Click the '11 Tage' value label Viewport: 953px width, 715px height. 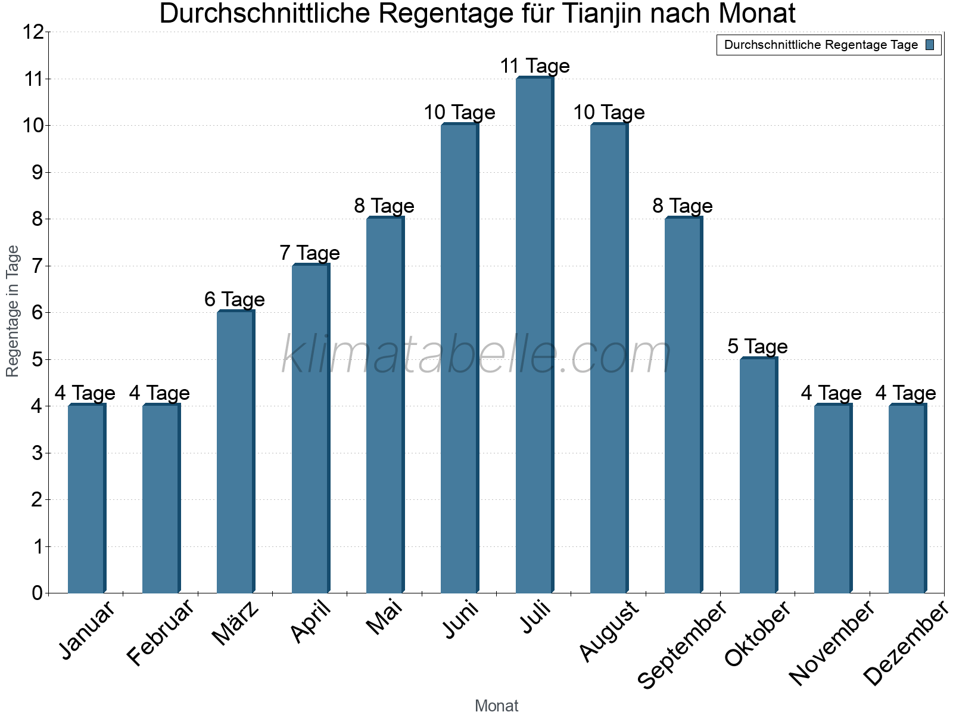tap(534, 66)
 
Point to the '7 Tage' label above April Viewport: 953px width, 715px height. tap(310, 253)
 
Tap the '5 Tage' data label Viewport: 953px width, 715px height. tap(757, 346)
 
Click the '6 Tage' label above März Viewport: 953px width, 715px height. tap(235, 299)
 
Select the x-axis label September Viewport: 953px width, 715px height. tap(683, 644)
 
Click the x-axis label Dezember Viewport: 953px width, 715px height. tap(905, 643)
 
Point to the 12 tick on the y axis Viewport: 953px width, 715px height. tap(33, 32)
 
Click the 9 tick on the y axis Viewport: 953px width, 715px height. tap(38, 173)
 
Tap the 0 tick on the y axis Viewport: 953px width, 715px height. tap(38, 593)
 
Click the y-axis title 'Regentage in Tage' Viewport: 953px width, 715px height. tap(13, 311)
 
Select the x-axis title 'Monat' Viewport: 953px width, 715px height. tap(496, 705)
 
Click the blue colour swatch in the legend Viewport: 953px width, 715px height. tap(930, 45)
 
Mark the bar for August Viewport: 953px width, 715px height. tap(609, 358)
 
